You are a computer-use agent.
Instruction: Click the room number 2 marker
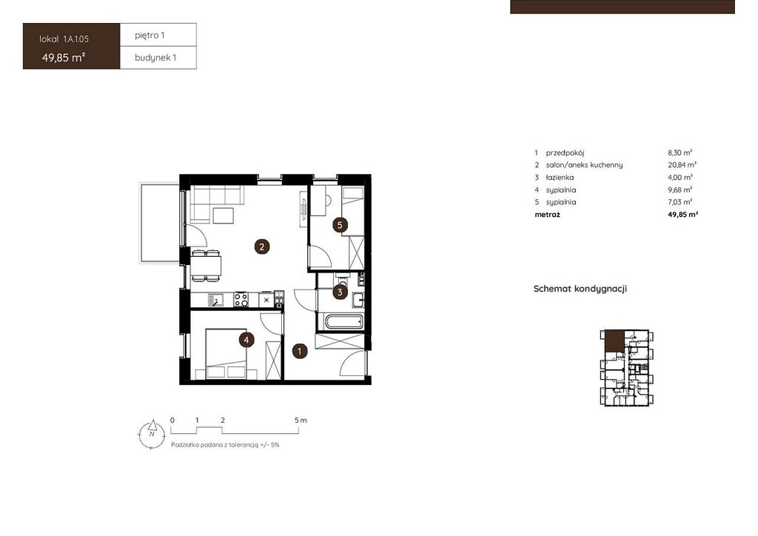point(262,247)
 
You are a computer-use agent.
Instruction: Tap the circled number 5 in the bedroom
point(341,225)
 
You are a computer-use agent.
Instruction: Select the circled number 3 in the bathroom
point(340,292)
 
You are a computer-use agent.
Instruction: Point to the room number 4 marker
point(246,340)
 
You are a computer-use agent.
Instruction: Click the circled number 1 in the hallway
point(300,352)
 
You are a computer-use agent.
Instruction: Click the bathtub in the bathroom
point(343,322)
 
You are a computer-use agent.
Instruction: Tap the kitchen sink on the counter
point(215,300)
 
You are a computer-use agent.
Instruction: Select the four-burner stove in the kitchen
point(241,300)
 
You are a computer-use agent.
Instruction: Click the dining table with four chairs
point(207,265)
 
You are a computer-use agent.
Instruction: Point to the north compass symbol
point(152,434)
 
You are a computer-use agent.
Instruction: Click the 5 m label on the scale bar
point(301,420)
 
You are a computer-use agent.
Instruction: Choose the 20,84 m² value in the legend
point(682,165)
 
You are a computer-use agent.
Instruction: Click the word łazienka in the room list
point(560,178)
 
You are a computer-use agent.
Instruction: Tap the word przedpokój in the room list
point(565,153)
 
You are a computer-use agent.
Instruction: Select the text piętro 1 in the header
point(150,36)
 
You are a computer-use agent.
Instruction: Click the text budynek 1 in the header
point(155,58)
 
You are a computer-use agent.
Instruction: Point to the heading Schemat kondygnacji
point(580,289)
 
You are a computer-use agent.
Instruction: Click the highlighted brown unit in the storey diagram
point(614,341)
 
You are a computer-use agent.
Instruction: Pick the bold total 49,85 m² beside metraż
point(683,214)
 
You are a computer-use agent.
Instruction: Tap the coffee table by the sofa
point(224,215)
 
